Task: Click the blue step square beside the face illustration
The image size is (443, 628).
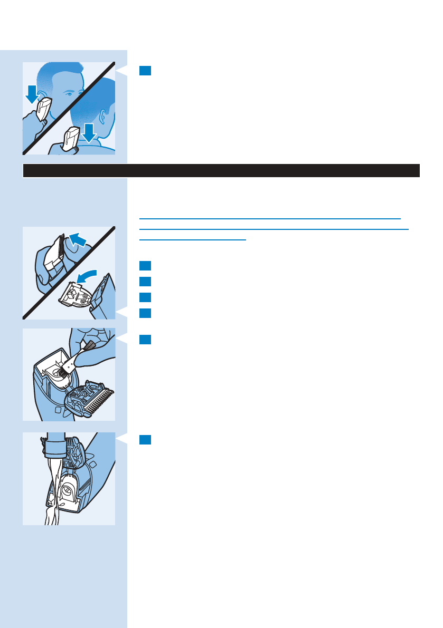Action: (146, 71)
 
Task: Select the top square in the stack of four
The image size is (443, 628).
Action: (146, 265)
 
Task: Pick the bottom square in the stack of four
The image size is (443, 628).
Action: (146, 313)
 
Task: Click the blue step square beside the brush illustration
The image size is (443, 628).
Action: (146, 340)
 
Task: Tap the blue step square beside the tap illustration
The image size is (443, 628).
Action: (146, 439)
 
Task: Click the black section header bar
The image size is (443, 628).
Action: (221, 171)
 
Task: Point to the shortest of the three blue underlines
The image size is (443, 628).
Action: (193, 240)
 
